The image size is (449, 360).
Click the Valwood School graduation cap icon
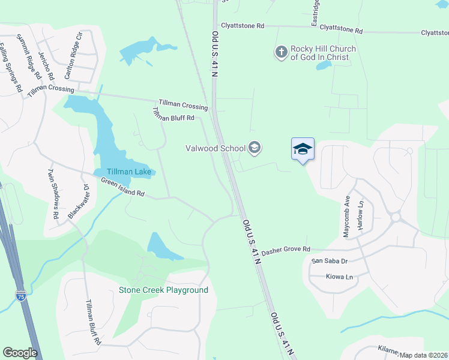click(x=255, y=148)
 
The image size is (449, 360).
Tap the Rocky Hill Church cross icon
click(x=281, y=53)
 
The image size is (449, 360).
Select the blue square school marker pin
click(x=303, y=149)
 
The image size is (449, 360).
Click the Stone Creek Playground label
click(x=163, y=290)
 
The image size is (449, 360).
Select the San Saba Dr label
click(x=329, y=261)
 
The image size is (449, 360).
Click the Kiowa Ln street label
click(x=332, y=277)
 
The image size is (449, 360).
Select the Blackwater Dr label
click(x=78, y=202)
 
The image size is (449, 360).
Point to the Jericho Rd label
click(x=46, y=64)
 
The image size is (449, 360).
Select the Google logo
click(x=20, y=352)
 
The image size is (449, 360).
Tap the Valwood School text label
click(x=216, y=148)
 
